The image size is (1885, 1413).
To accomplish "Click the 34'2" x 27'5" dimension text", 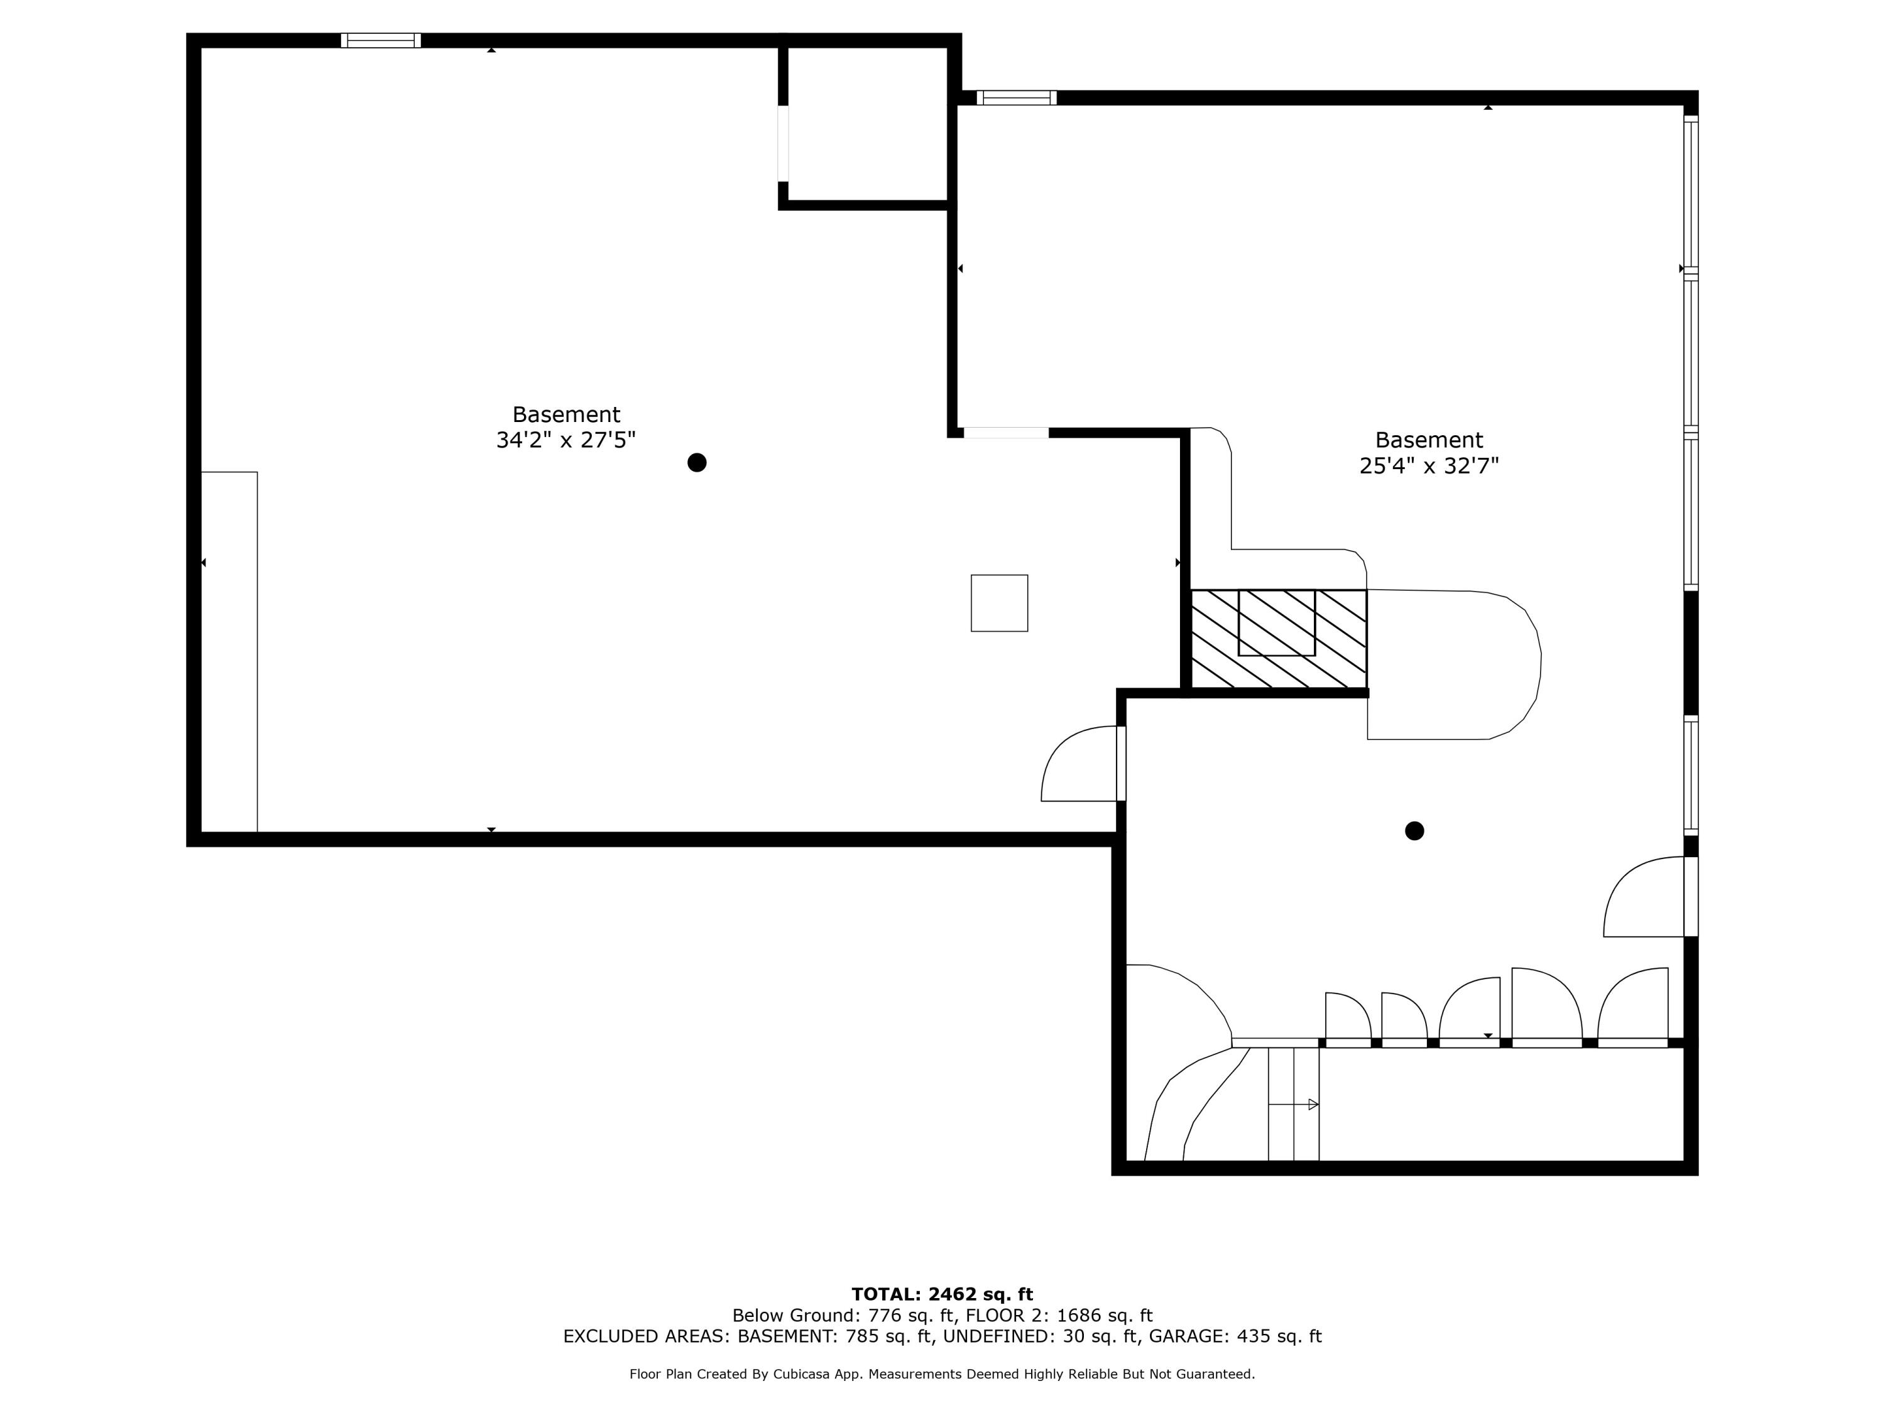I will pos(566,440).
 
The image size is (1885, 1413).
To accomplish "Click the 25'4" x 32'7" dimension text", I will pos(1428,466).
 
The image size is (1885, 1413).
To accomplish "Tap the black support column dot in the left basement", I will pos(696,462).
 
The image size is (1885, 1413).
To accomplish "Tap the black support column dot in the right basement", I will pos(1414,830).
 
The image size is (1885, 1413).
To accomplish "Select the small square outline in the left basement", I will pos(999,603).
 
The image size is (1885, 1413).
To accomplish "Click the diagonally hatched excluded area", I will pos(1278,639).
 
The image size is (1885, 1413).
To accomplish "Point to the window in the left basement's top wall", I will pos(380,40).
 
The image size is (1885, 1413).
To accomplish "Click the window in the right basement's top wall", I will pos(1016,98).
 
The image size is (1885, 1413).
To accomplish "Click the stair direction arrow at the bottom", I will pos(1313,1105).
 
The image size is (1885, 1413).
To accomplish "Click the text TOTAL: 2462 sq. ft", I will pos(942,1294).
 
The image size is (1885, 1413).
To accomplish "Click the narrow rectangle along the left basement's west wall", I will pos(229,652).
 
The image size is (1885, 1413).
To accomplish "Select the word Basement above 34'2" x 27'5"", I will pos(566,414).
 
